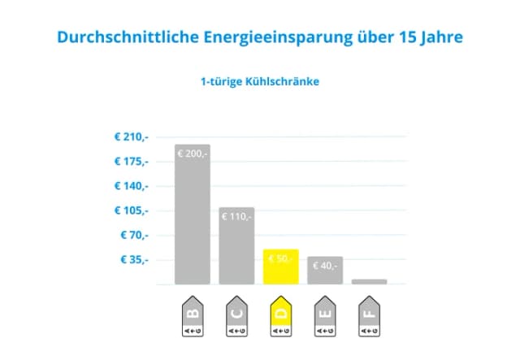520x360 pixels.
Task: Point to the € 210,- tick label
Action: click(x=132, y=137)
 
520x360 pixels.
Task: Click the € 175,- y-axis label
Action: click(x=132, y=161)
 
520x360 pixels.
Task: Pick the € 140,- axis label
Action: click(x=132, y=186)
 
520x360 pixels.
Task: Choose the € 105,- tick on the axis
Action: click(x=132, y=210)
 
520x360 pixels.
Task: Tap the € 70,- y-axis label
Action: click(x=135, y=235)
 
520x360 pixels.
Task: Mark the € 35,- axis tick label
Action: click(x=135, y=260)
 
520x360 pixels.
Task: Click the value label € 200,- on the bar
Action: click(x=193, y=153)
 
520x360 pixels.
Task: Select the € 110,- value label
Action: click(x=236, y=216)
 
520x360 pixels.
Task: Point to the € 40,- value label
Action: click(x=324, y=265)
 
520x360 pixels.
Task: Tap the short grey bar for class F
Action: click(x=369, y=282)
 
